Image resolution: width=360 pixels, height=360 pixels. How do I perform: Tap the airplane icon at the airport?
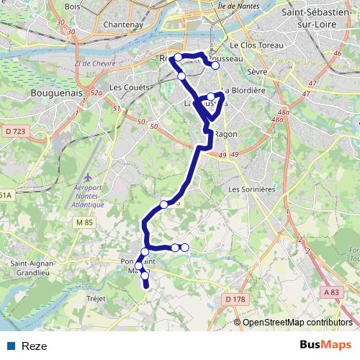point(88,176)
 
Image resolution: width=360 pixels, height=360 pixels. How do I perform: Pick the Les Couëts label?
point(128,88)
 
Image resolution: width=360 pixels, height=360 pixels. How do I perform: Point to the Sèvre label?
point(256,73)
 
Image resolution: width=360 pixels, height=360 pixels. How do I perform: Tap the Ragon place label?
point(226,134)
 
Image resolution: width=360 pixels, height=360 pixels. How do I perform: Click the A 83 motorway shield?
point(330,292)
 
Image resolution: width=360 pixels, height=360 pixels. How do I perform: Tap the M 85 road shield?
point(84,222)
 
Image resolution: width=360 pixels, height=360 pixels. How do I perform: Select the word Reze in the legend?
point(35,346)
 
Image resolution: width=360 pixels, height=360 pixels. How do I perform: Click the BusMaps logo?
point(326,346)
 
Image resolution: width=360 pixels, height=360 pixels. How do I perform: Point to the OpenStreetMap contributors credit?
point(297,323)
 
